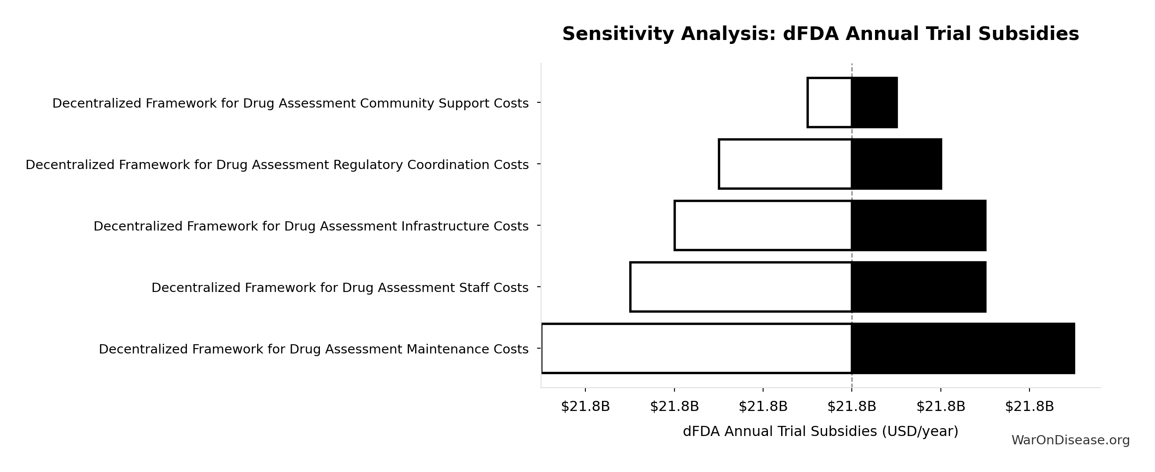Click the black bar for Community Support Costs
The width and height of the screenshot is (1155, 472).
[x=874, y=103]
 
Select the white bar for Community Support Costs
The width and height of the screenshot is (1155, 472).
[x=829, y=103]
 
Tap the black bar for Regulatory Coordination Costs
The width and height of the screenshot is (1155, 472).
[x=897, y=164]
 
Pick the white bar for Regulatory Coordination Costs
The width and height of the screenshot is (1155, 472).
[x=785, y=164]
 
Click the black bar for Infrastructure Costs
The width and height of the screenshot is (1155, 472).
[x=919, y=226]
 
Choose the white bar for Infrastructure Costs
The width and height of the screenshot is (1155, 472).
[x=763, y=226]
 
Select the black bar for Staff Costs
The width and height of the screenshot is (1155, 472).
[x=919, y=287]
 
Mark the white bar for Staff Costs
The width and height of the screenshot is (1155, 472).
[x=741, y=287]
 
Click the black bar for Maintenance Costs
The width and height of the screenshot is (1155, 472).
[x=963, y=349]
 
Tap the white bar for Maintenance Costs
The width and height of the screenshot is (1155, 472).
[x=697, y=349]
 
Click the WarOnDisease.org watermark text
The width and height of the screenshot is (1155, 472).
[x=1070, y=440]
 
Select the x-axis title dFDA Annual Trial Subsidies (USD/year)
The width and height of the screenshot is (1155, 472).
[x=821, y=431]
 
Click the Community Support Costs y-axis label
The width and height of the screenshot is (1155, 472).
[x=290, y=103]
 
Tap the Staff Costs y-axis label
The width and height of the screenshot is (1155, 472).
[x=340, y=288]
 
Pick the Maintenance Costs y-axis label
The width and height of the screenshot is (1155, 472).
[x=313, y=349]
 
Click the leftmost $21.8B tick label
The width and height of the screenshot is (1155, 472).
[x=585, y=407]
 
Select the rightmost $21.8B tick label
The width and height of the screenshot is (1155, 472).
[x=1029, y=407]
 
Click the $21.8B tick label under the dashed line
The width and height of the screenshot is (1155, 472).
[x=851, y=407]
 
